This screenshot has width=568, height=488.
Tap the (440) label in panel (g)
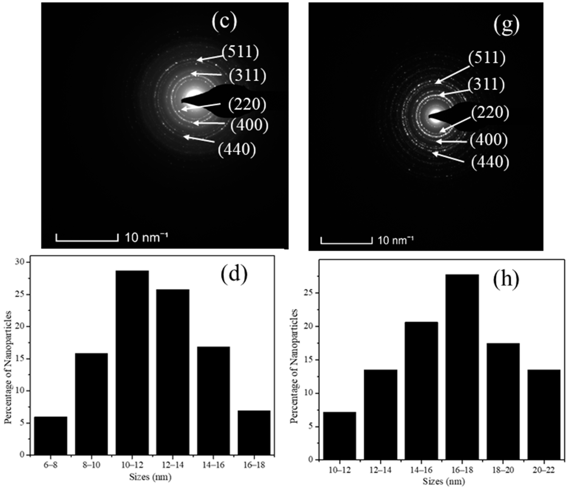[x=490, y=162]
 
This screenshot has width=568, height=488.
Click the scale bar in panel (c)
[x=87, y=238]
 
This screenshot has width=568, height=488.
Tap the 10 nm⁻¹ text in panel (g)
[x=396, y=241]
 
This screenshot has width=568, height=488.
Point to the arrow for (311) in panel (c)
[x=206, y=74]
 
